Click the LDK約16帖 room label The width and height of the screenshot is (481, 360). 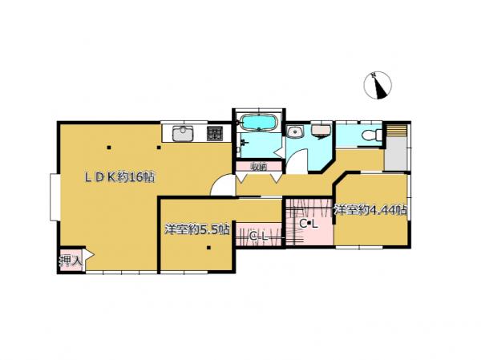point(119,177)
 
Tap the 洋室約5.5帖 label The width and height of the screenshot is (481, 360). point(197,229)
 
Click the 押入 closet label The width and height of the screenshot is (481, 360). point(71,261)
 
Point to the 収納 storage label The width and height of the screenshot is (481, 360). point(258,167)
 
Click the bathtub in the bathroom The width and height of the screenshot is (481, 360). point(259,123)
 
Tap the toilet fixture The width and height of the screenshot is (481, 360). point(371,135)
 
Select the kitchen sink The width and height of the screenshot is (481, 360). point(184,134)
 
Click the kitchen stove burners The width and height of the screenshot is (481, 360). point(215,134)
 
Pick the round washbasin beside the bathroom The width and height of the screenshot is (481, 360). point(295,131)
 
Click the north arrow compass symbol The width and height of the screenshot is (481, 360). point(378,85)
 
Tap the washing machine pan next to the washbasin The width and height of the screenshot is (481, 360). point(321,130)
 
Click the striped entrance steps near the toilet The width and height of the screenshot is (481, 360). point(396,130)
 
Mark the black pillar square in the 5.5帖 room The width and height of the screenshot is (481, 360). point(208,248)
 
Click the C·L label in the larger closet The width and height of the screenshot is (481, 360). point(309,224)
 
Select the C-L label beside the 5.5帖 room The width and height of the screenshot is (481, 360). point(259,237)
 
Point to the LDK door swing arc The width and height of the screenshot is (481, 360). point(220,180)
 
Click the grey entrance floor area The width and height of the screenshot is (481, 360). point(396,153)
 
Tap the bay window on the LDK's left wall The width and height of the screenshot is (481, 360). point(54,197)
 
